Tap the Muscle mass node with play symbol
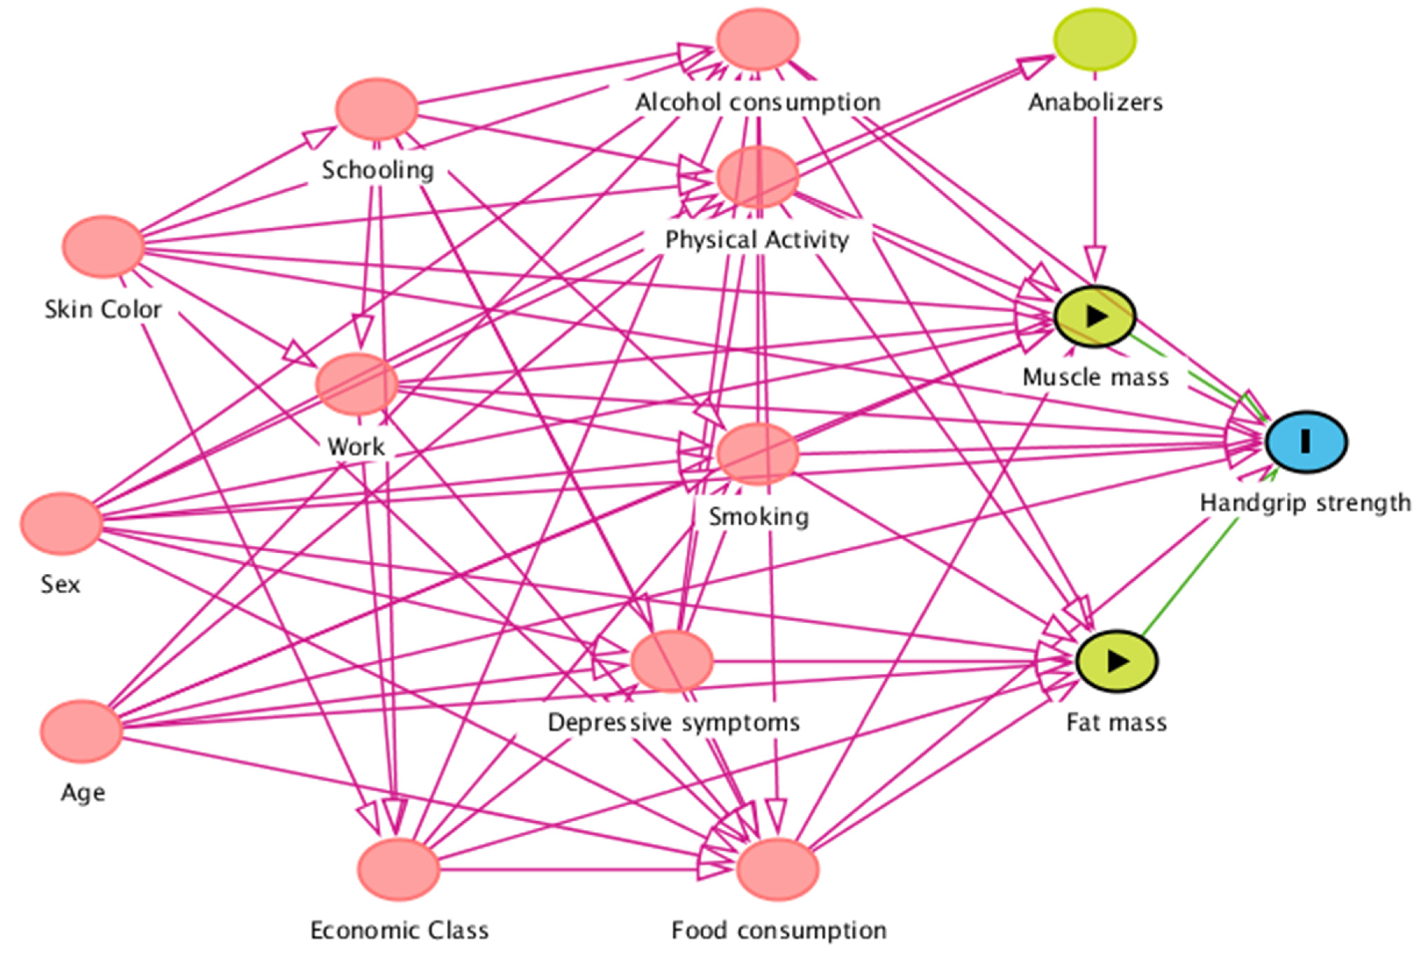(1094, 316)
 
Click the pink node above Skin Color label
(103, 246)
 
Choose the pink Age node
(82, 731)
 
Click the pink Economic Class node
(399, 869)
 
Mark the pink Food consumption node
(778, 869)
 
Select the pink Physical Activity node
(757, 177)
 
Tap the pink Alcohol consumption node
(757, 39)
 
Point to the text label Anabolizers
(1095, 102)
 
